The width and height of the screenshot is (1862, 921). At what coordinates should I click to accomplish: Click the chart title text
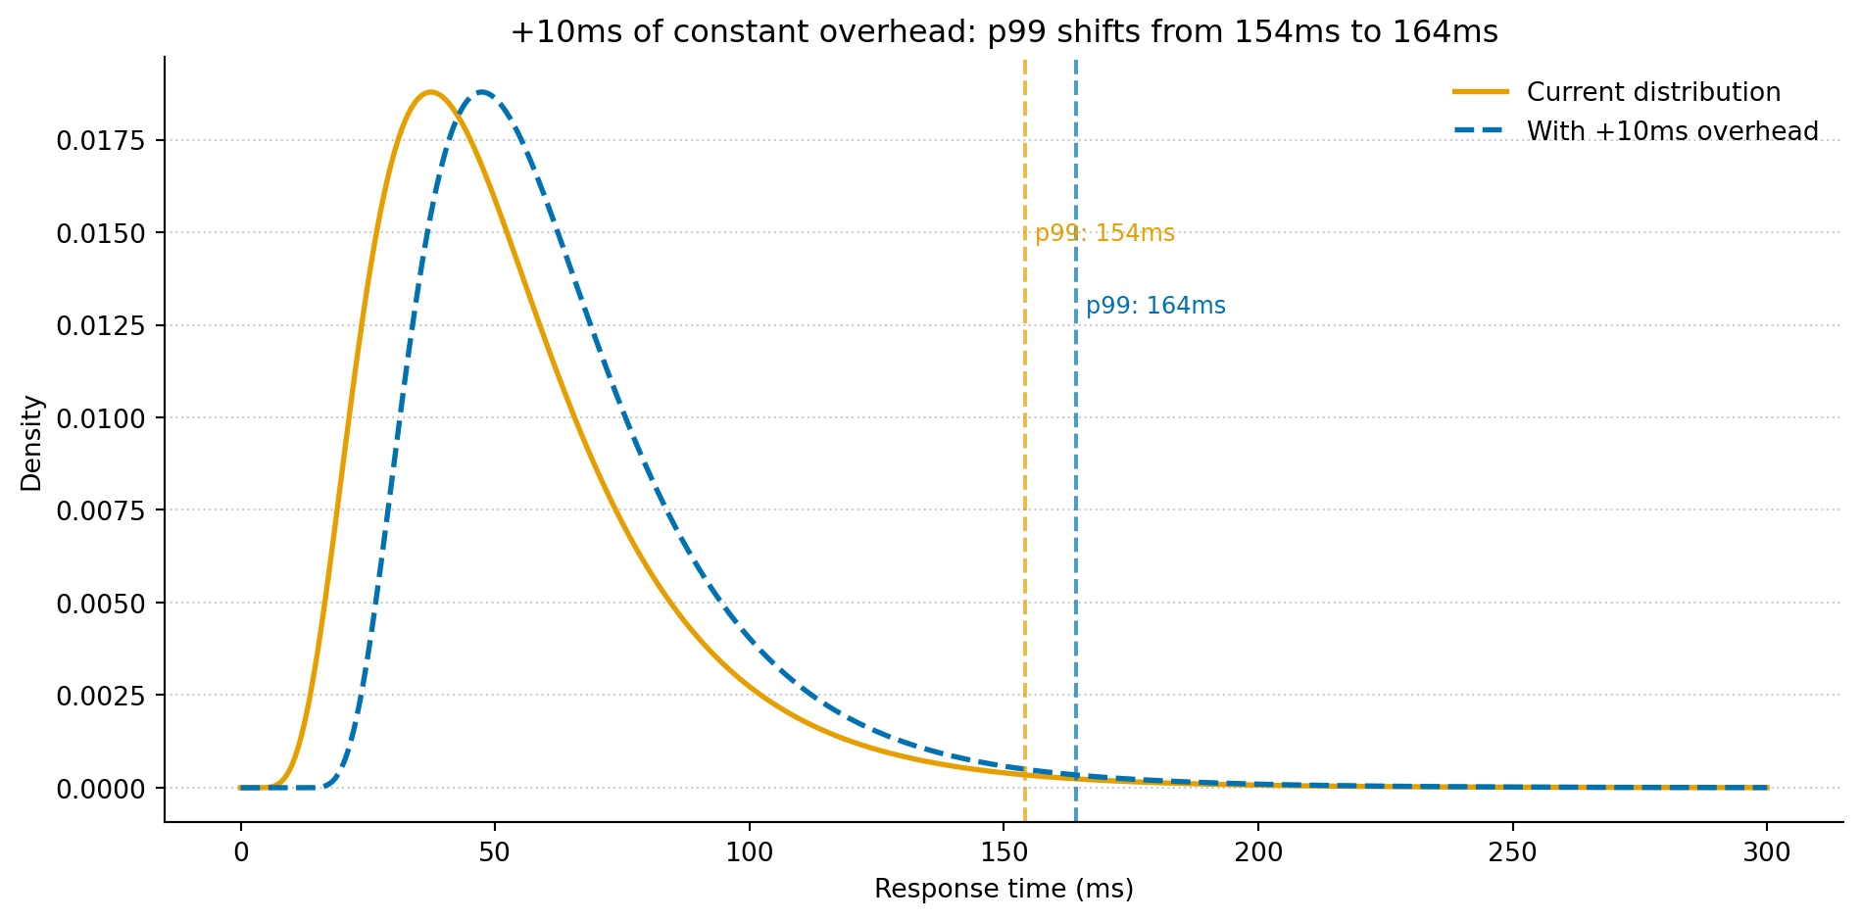click(1004, 32)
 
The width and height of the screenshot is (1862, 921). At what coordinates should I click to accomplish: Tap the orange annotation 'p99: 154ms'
click(1104, 233)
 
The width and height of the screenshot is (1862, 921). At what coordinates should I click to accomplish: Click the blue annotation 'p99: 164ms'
click(1155, 306)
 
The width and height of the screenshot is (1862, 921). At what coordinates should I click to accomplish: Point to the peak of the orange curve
click(429, 92)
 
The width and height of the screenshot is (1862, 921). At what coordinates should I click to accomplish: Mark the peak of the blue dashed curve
click(481, 92)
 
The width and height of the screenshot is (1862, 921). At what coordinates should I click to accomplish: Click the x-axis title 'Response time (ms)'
click(1004, 889)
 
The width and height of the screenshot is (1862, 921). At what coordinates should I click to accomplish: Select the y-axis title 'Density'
click(32, 443)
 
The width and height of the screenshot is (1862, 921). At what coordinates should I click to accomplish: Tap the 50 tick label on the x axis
click(494, 852)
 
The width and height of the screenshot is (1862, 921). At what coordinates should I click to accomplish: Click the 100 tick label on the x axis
click(749, 852)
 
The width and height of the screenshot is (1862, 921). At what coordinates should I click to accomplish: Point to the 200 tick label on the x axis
click(1257, 852)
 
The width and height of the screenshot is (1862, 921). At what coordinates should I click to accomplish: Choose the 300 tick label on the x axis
click(1766, 852)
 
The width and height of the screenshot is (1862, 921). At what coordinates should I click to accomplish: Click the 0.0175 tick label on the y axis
click(100, 141)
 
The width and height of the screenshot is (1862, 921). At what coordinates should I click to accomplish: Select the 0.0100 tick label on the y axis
click(100, 418)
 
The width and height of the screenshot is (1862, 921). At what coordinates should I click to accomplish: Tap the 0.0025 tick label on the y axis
click(100, 696)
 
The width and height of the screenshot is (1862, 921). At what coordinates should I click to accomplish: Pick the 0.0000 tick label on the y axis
click(100, 789)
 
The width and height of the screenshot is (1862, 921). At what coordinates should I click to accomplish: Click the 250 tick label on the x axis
click(1512, 852)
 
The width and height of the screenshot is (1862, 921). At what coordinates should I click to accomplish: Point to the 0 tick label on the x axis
click(240, 852)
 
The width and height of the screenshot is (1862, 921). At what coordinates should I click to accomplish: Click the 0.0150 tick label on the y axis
click(100, 233)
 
